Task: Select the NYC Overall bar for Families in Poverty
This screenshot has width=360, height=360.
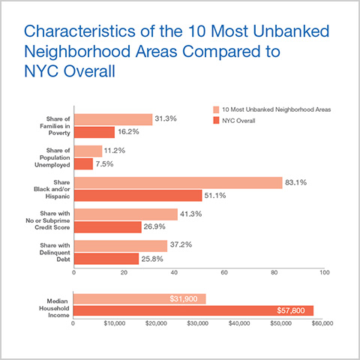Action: [x=94, y=132]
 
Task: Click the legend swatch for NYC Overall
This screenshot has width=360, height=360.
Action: [x=215, y=120]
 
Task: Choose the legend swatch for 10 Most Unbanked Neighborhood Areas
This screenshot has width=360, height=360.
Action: [x=215, y=109]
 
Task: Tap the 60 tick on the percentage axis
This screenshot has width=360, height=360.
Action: [x=224, y=273]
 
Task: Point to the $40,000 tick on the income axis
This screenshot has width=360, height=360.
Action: [x=239, y=323]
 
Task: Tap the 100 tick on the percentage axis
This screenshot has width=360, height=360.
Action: [x=324, y=273]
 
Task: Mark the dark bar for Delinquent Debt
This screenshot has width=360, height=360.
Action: [x=106, y=259]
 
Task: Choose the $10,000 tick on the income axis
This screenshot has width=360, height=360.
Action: [x=115, y=323]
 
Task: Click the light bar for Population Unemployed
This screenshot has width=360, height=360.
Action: [x=88, y=151]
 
